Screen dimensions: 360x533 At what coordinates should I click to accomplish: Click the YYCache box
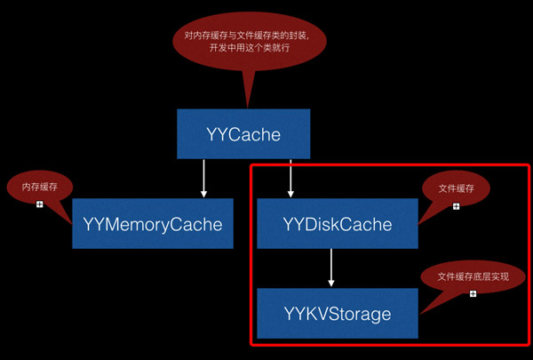(243, 135)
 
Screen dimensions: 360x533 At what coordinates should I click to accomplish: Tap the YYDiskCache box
(337, 224)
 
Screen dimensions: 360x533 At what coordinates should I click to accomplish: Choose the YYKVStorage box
(337, 313)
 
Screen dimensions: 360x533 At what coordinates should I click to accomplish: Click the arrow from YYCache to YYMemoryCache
(203, 178)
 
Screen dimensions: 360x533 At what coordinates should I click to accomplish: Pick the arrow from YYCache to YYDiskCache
(290, 178)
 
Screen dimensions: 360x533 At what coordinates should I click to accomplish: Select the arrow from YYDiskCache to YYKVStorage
(331, 267)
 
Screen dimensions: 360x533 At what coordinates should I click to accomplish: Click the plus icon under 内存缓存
(39, 204)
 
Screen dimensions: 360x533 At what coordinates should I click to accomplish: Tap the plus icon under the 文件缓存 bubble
(456, 206)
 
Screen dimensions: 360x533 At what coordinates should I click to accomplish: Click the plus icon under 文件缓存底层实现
(473, 293)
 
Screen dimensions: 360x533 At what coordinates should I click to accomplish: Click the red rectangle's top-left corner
(251, 164)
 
